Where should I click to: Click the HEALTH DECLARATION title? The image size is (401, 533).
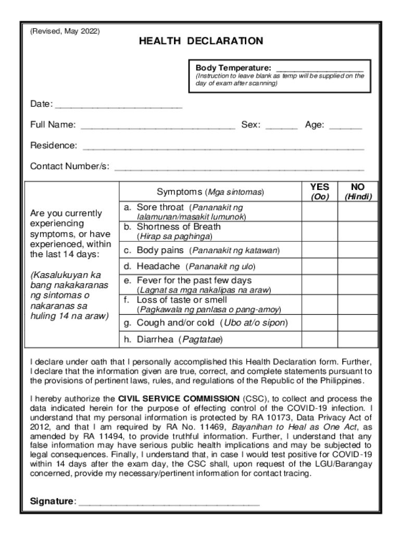[200, 41]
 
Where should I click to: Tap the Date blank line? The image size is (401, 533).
[119, 106]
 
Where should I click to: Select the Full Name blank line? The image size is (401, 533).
[158, 126]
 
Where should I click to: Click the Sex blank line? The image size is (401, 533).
[281, 126]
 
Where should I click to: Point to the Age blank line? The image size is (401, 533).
[345, 126]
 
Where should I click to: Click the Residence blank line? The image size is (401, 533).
[223, 147]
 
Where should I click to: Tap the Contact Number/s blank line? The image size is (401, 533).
[239, 168]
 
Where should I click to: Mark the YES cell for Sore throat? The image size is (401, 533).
[319, 212]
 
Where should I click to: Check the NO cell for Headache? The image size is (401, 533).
[358, 266]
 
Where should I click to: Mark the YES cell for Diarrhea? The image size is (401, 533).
[319, 340]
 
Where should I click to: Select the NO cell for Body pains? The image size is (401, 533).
[358, 250]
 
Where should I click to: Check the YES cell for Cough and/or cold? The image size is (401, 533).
[319, 323]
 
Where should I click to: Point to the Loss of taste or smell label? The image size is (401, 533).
[182, 300]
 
